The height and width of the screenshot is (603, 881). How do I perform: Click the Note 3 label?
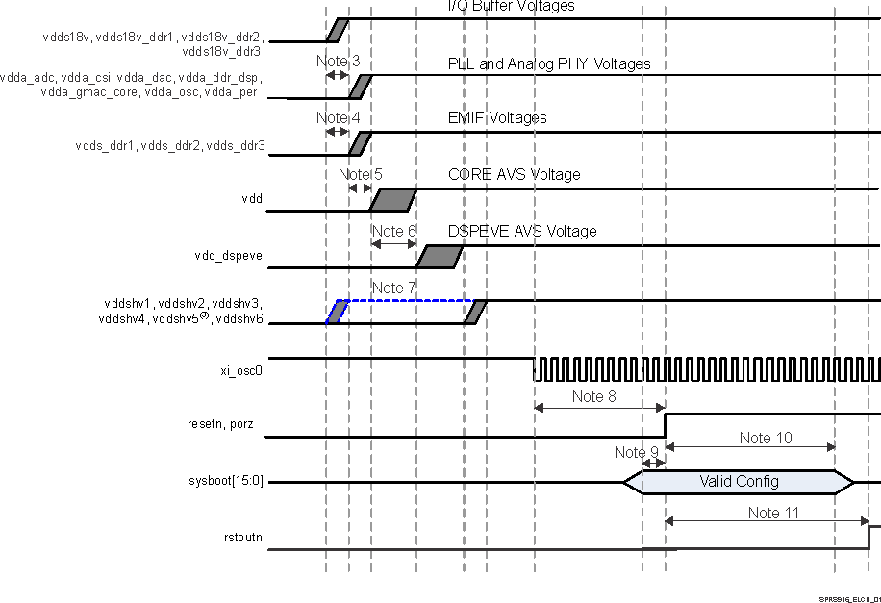coord(338,62)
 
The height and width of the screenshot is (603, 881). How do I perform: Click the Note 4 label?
coord(338,118)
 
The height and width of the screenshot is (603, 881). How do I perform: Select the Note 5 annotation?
coord(360,174)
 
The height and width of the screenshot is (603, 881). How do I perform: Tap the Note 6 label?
coord(393,231)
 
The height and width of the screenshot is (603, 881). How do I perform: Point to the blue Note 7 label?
coord(393,288)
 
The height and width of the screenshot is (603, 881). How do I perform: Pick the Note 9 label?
coord(637,452)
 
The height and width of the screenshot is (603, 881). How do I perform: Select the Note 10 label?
coord(767,438)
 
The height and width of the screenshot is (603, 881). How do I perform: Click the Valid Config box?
coord(739,481)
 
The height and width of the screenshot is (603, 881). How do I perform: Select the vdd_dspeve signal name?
coord(228,257)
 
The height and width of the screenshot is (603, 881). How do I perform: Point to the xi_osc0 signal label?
coord(241,368)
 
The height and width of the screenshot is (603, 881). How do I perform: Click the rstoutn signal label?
coord(240,538)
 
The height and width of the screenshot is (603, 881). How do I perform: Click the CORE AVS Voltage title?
coord(514,175)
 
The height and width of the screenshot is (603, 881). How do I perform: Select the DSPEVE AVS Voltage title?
coord(522,232)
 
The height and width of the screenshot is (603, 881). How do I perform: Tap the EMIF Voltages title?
coord(497,118)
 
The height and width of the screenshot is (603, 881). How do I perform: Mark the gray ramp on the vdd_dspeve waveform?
coord(440,257)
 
